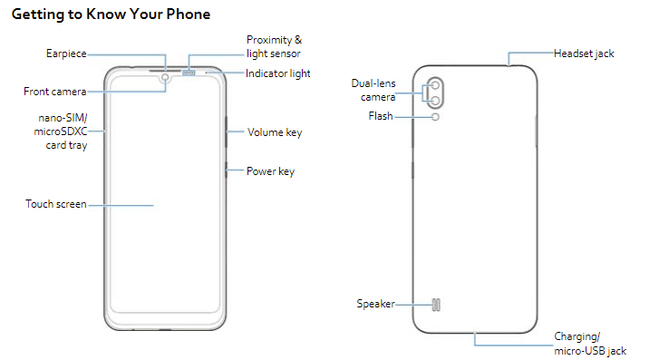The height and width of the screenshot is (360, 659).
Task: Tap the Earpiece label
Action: (x=66, y=54)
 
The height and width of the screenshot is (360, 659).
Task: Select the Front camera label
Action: (x=55, y=92)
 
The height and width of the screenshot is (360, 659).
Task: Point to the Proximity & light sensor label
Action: (x=276, y=47)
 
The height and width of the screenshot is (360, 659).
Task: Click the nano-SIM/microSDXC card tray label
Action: (x=61, y=132)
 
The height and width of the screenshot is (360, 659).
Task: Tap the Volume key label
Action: (x=275, y=132)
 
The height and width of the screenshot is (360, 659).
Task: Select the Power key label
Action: (x=271, y=171)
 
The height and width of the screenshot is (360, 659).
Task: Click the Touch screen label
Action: (x=56, y=204)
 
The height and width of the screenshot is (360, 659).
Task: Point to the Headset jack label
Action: (x=584, y=54)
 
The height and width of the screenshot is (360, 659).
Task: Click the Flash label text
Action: (x=381, y=117)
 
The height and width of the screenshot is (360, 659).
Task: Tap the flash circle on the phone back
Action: (x=436, y=117)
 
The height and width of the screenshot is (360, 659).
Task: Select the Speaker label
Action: (x=375, y=304)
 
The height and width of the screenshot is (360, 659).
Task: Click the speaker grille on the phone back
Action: (x=436, y=305)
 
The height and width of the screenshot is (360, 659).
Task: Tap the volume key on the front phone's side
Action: (x=225, y=132)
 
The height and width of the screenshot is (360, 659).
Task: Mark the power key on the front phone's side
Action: (x=225, y=170)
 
